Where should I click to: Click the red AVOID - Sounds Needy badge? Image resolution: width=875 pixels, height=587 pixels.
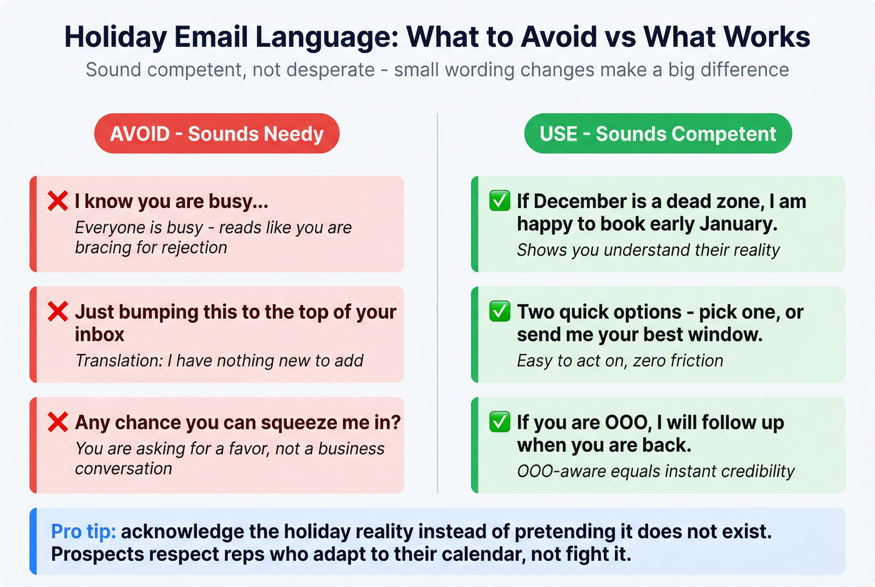click(x=217, y=133)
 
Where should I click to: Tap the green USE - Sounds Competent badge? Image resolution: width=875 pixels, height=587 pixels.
click(x=657, y=133)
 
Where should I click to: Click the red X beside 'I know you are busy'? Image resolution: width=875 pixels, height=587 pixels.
click(x=57, y=201)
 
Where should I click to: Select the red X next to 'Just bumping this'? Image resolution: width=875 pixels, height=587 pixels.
click(x=57, y=311)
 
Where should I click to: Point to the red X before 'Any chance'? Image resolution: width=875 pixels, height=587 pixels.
click(x=57, y=422)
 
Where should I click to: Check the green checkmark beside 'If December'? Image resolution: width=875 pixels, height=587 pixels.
click(x=499, y=201)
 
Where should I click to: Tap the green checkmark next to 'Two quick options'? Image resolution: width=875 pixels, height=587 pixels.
click(x=499, y=311)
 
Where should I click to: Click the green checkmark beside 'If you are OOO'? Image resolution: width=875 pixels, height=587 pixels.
click(x=499, y=422)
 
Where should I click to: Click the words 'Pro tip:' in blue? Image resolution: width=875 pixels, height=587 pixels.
click(x=83, y=531)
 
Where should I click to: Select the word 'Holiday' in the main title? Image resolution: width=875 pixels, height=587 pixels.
click(x=116, y=37)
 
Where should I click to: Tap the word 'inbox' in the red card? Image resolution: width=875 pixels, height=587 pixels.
click(x=99, y=334)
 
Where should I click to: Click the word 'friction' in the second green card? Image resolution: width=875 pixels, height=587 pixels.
click(x=696, y=361)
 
